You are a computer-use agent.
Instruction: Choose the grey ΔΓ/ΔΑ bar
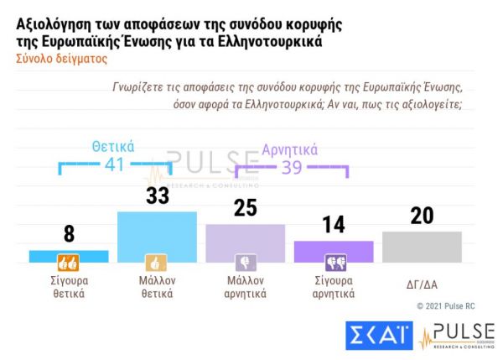pyautogui.click(x=421, y=246)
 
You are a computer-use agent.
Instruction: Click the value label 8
pyautogui.click(x=69, y=235)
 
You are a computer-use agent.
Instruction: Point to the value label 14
pyautogui.click(x=333, y=226)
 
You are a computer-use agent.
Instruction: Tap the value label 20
pyautogui.click(x=422, y=215)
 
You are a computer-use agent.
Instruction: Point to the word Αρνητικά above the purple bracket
pyautogui.click(x=290, y=150)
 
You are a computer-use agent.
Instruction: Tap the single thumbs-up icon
pyautogui.click(x=157, y=261)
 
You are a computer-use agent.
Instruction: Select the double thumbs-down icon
pyautogui.click(x=334, y=261)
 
